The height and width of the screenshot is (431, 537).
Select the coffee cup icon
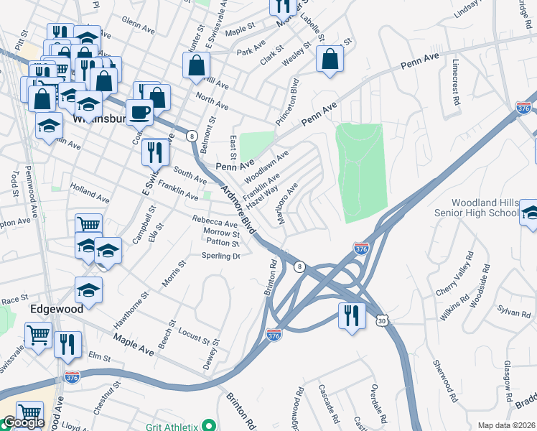click(x=139, y=111)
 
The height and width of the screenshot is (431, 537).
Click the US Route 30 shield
click(x=380, y=320)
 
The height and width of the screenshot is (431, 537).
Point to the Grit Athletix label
click(x=172, y=426)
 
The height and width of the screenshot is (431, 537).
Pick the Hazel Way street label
click(x=262, y=196)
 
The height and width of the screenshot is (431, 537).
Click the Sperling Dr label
click(x=220, y=255)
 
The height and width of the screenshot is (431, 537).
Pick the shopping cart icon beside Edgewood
click(x=37, y=334)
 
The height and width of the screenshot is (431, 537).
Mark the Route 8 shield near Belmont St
click(x=192, y=135)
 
